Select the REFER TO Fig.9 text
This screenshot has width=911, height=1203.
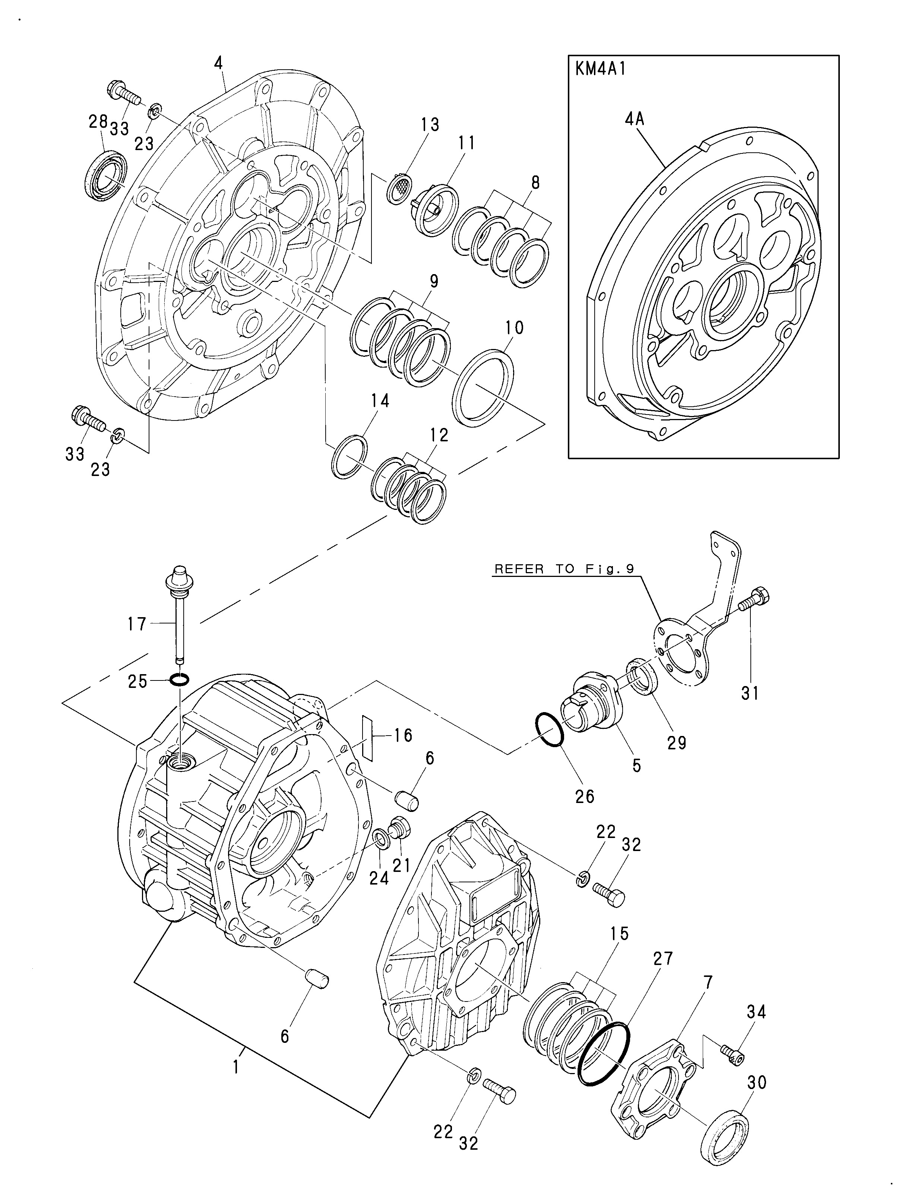click(564, 569)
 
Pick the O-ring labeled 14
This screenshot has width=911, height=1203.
click(349, 457)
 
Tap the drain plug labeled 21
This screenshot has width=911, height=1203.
click(400, 829)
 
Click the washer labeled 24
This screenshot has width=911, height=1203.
click(381, 840)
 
